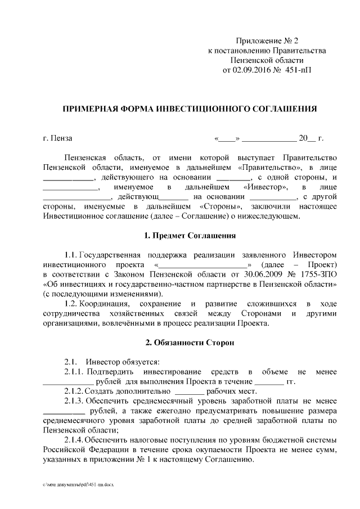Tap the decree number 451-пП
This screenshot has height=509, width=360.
pyautogui.click(x=298, y=71)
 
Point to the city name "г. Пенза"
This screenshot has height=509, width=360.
pyautogui.click(x=57, y=138)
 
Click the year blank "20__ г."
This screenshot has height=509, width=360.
pyautogui.click(x=311, y=138)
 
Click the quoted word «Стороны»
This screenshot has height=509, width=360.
pyautogui.click(x=220, y=206)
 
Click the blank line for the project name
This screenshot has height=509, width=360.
pyautogui.click(x=203, y=264)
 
